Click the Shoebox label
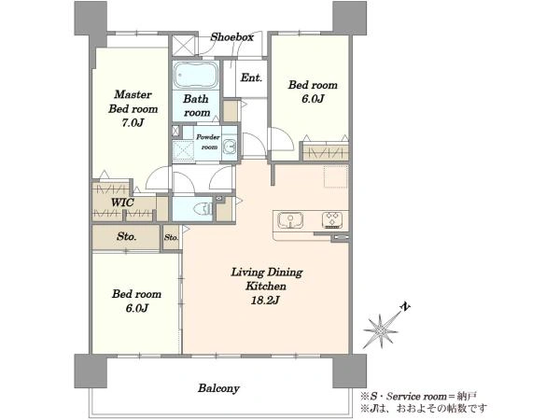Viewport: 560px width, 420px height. pos(231,36)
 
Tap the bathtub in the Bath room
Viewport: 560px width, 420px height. pos(196,75)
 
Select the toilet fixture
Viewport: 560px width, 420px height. pos(203,208)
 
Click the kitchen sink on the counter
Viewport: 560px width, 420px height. pos(290,220)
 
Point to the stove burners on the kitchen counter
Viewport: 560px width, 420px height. pos(332,220)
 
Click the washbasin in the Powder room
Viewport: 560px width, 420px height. pos(230,147)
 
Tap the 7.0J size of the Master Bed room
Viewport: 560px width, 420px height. pos(133,123)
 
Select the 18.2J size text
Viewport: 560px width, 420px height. pos(265,301)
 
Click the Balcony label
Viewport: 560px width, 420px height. pos(218,388)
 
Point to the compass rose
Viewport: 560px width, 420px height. pos(382,331)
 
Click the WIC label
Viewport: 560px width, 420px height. pos(122,203)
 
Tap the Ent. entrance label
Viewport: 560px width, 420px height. pos(251,77)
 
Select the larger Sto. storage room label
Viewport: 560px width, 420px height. pos(126,236)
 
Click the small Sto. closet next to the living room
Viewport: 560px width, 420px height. pos(171,237)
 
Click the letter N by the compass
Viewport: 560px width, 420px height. pos(405,307)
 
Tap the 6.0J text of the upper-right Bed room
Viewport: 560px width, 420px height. pos(313,99)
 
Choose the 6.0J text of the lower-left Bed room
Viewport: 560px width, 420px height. pos(137,308)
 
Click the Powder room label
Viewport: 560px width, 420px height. pos(208,142)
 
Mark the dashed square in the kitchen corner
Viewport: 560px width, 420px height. pos(336,176)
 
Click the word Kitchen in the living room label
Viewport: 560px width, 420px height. pos(266,287)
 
